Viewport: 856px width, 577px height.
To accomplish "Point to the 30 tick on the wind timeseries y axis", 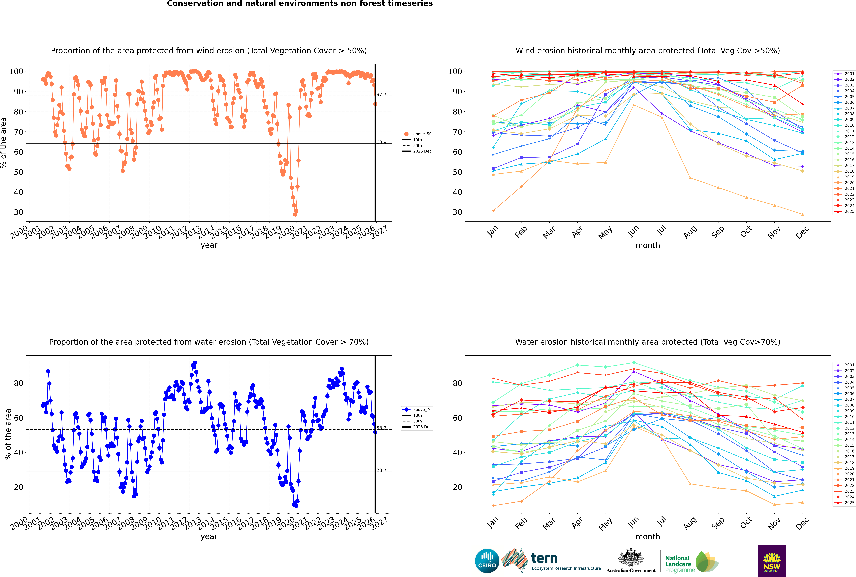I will (18, 212).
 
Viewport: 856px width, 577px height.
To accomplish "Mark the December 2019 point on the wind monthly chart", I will (803, 215).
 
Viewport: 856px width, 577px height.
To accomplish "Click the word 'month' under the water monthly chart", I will (648, 537).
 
